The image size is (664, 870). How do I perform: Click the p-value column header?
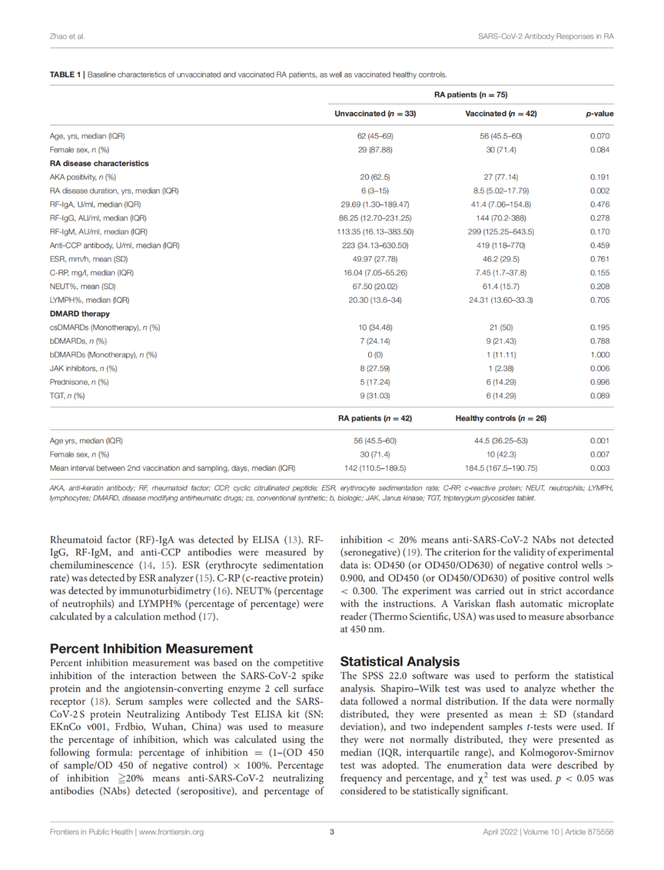(x=599, y=114)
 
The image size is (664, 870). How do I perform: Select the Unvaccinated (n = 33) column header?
(x=375, y=114)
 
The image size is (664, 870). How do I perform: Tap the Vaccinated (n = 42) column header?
(x=501, y=114)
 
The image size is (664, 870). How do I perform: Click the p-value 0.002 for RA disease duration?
(x=600, y=191)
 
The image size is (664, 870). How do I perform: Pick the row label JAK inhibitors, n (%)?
(x=84, y=369)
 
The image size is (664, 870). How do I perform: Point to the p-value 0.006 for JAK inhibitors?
(x=600, y=369)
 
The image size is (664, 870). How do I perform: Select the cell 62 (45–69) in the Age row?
(x=375, y=136)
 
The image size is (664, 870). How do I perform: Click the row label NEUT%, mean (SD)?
(x=82, y=287)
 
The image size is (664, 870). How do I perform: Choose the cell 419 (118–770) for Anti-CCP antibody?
(x=501, y=245)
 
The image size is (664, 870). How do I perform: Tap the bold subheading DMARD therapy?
(x=80, y=314)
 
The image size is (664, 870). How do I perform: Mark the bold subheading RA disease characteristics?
(x=99, y=164)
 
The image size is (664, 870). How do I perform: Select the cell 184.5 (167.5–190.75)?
(x=501, y=468)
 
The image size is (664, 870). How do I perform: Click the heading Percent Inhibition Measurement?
(x=151, y=649)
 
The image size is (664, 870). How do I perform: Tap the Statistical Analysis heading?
(x=400, y=661)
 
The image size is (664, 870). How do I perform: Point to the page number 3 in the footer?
(x=332, y=832)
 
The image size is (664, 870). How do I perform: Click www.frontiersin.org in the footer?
(x=172, y=832)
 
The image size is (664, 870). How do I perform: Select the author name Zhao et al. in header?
(x=67, y=36)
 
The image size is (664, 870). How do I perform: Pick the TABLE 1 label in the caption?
(x=65, y=74)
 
